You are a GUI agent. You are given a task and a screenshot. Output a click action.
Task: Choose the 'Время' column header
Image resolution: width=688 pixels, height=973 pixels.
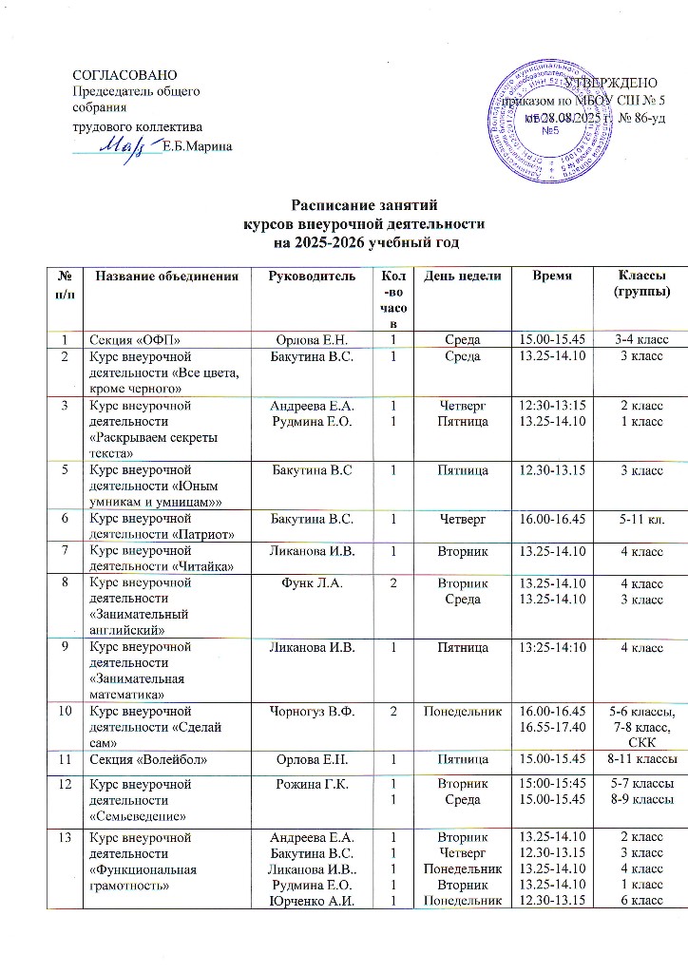point(550,276)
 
